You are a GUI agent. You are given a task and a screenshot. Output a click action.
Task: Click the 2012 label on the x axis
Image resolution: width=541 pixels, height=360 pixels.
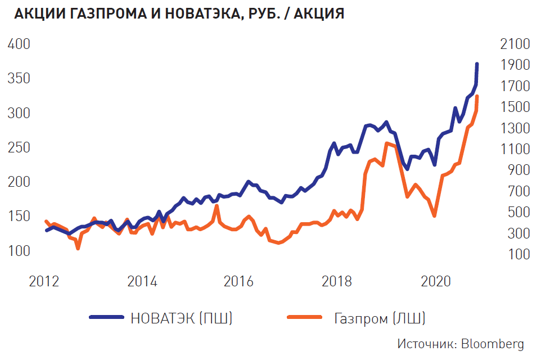coord(44,281)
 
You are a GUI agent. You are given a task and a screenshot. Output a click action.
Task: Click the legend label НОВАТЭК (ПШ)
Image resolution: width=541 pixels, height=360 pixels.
coord(182,318)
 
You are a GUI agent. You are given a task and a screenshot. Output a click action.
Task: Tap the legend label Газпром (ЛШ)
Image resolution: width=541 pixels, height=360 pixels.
coord(379,318)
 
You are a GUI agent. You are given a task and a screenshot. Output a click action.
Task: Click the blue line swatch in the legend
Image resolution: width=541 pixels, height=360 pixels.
coord(106,318)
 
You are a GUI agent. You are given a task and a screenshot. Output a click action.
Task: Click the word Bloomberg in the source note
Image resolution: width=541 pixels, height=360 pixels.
coord(493,344)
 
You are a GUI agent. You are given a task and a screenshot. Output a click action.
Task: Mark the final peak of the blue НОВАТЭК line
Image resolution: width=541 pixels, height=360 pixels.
coord(477,64)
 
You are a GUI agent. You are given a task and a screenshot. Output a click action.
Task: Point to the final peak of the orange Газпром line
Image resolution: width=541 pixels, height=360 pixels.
coord(477,97)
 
